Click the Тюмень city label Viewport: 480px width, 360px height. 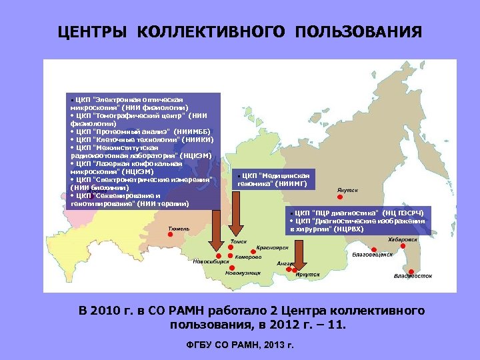179,229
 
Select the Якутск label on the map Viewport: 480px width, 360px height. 347,189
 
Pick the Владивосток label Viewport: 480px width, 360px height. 413,275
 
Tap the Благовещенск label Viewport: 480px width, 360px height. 372,254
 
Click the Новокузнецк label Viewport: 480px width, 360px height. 243,272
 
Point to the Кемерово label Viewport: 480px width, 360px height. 247,257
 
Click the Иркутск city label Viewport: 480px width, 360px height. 307,274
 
